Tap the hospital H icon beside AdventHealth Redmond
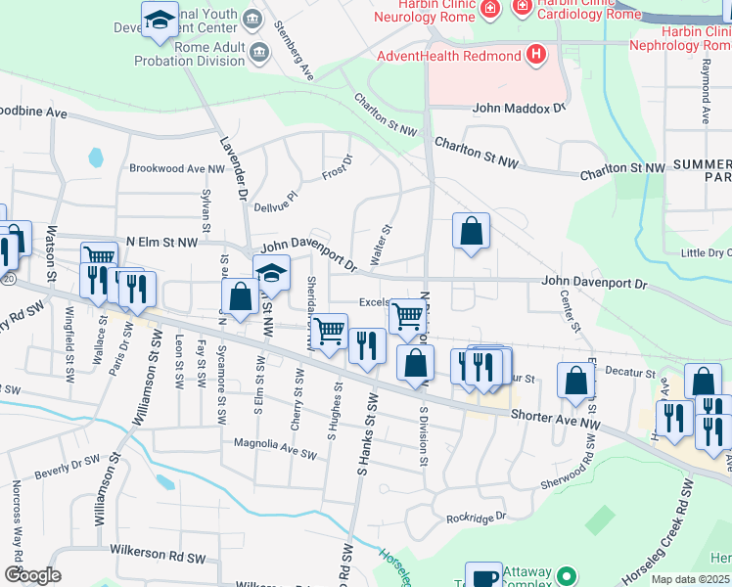point(535,54)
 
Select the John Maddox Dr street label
point(520,108)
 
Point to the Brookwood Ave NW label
point(177,168)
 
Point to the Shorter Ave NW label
point(554,418)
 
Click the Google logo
point(33,575)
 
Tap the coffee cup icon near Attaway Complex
point(483,575)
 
